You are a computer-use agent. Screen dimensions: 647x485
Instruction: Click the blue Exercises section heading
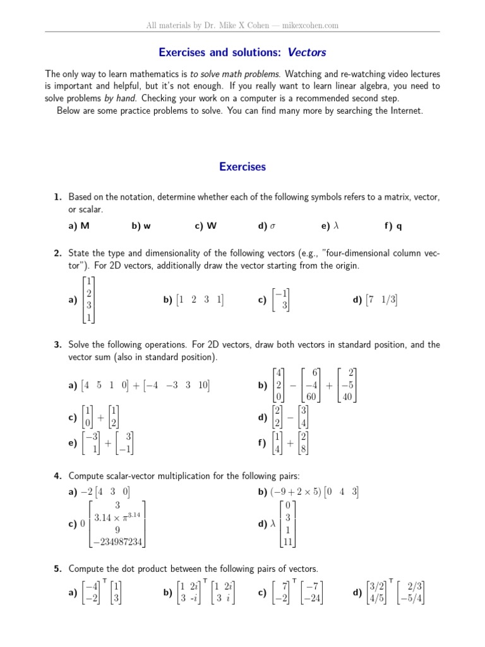pos(242,167)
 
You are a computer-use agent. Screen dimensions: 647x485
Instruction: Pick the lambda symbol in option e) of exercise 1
pos(336,226)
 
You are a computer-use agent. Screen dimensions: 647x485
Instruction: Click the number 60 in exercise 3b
pos(311,397)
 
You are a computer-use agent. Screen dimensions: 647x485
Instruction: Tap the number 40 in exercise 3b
pos(347,397)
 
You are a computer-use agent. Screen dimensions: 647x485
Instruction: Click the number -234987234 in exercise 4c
pos(118,541)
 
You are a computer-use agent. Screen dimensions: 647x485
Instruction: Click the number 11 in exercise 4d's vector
pos(287,541)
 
